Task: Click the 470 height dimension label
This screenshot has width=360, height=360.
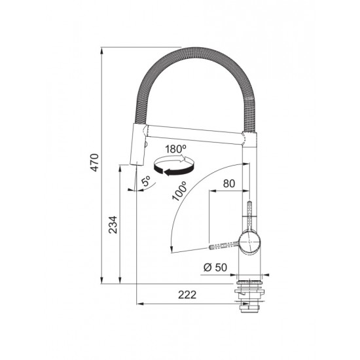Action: pyautogui.click(x=95, y=162)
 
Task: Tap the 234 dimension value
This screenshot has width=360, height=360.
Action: pyautogui.click(x=113, y=225)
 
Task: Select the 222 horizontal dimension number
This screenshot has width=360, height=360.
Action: pyautogui.click(x=187, y=295)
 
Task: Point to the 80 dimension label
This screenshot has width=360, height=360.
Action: pyautogui.click(x=229, y=183)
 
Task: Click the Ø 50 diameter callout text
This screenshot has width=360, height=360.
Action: pyautogui.click(x=215, y=267)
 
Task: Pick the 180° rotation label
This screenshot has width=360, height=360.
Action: pyautogui.click(x=176, y=149)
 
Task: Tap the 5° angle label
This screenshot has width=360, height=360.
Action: pyautogui.click(x=146, y=181)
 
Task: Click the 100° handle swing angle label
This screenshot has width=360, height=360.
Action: pyautogui.click(x=180, y=191)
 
